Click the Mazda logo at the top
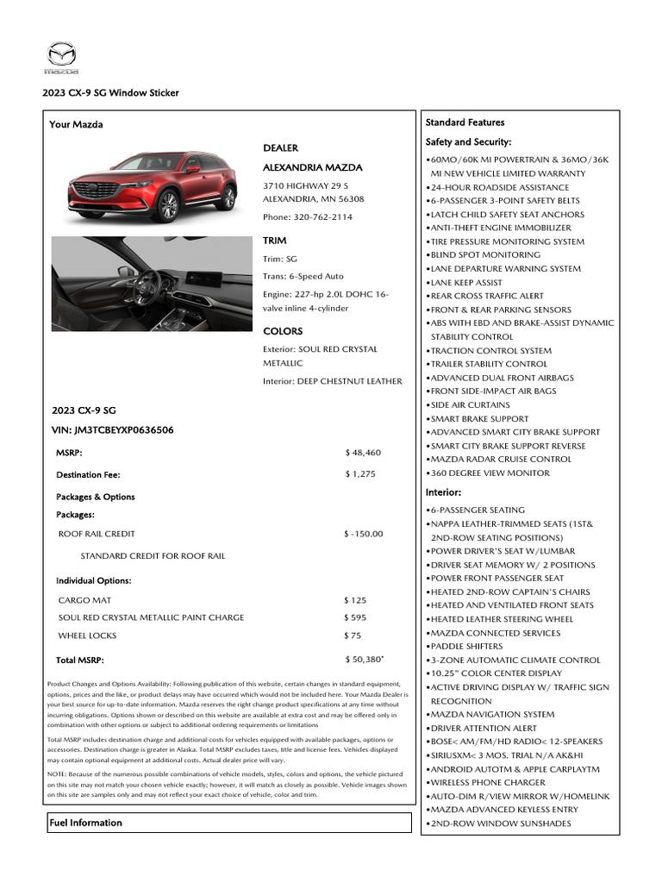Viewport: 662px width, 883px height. click(61, 58)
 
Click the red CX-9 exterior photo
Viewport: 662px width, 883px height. click(152, 186)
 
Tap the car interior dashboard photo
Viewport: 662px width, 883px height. click(152, 284)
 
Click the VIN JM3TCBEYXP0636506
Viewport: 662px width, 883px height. click(112, 429)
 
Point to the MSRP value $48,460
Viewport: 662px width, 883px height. click(363, 453)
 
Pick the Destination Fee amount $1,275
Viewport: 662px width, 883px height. click(361, 474)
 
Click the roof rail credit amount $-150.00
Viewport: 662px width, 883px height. click(363, 534)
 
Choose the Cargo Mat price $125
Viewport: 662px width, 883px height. click(355, 600)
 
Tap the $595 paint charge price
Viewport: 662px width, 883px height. click(355, 617)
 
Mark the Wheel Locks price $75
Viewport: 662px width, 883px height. click(353, 636)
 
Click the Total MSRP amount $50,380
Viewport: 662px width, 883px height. click(364, 660)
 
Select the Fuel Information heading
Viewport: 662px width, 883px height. click(85, 823)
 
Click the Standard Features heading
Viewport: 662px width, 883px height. click(465, 122)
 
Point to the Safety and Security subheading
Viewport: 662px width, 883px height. click(469, 141)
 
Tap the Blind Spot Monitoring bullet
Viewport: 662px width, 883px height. click(485, 255)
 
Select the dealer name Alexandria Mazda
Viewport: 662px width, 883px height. click(312, 167)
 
